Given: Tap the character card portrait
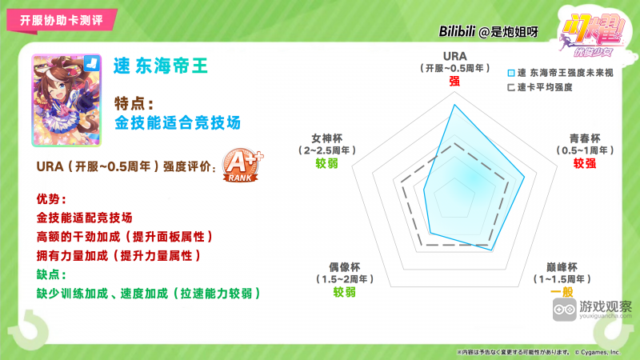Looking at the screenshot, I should pyautogui.click(x=68, y=100).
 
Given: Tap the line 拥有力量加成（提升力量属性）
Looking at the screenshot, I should pyautogui.click(x=118, y=255).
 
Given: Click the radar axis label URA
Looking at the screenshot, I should pyautogui.click(x=454, y=55).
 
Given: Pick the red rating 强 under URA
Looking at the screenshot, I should pyautogui.click(x=454, y=81).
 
